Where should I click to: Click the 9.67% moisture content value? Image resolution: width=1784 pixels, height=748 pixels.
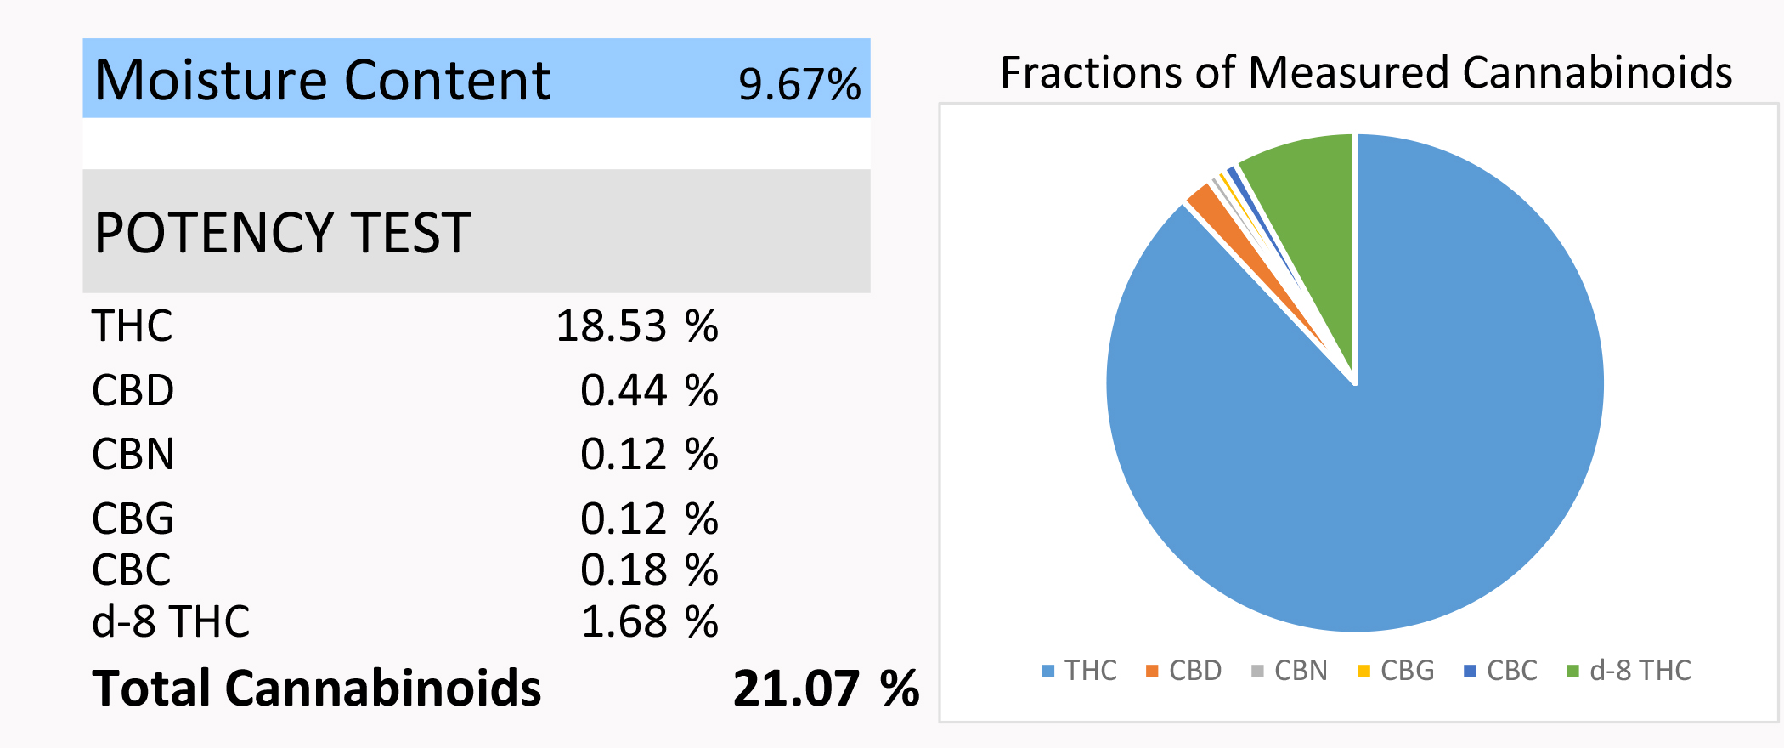(799, 83)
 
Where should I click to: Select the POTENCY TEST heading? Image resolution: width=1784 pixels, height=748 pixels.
(282, 233)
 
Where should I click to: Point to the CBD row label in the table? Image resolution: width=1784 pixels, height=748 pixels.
(133, 391)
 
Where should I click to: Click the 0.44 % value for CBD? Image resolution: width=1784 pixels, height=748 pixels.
(649, 391)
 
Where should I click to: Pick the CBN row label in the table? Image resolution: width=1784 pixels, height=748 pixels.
(133, 454)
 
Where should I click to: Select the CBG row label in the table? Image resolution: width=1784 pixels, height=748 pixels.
(133, 518)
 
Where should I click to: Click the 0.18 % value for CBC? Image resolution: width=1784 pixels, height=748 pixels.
(649, 569)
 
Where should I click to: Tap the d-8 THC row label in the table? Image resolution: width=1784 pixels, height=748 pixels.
(170, 621)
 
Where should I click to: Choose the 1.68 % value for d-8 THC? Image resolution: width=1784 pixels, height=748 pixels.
(649, 621)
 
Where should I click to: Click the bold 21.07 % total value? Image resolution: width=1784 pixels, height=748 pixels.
(825, 688)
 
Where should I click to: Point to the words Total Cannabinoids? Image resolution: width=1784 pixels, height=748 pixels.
(316, 688)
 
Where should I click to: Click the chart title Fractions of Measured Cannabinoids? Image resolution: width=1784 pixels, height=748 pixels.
(1366, 72)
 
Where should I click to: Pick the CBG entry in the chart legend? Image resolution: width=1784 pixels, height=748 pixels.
(1397, 671)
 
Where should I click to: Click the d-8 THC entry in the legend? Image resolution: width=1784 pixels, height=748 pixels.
(1629, 671)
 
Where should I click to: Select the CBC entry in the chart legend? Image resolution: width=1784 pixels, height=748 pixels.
(1501, 671)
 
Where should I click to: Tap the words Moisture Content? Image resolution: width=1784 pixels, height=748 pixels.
(323, 81)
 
